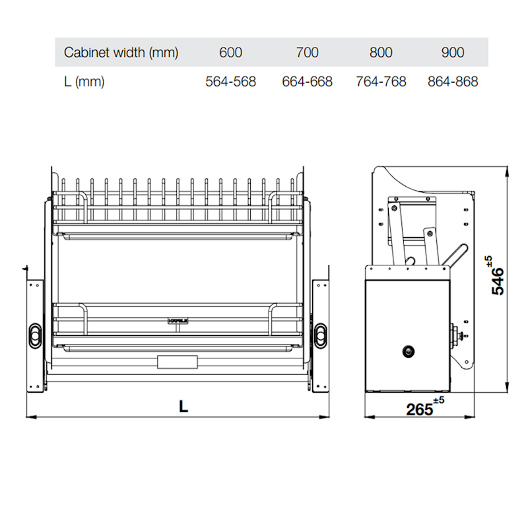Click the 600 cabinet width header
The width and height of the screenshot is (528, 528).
pyautogui.click(x=230, y=53)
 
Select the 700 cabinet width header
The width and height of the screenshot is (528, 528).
pyautogui.click(x=307, y=53)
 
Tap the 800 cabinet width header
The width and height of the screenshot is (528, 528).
pyautogui.click(x=381, y=53)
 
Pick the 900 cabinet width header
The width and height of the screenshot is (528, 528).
pyautogui.click(x=453, y=53)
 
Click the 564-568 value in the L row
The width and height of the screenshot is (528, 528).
pyautogui.click(x=230, y=81)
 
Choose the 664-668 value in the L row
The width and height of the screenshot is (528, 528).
pyautogui.click(x=307, y=81)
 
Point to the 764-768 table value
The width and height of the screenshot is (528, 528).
pyautogui.click(x=381, y=81)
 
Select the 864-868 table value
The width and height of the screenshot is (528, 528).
pyautogui.click(x=453, y=81)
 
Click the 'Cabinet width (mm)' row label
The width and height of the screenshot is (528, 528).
pyautogui.click(x=121, y=53)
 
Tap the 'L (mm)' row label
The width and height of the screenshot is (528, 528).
pyautogui.click(x=84, y=82)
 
